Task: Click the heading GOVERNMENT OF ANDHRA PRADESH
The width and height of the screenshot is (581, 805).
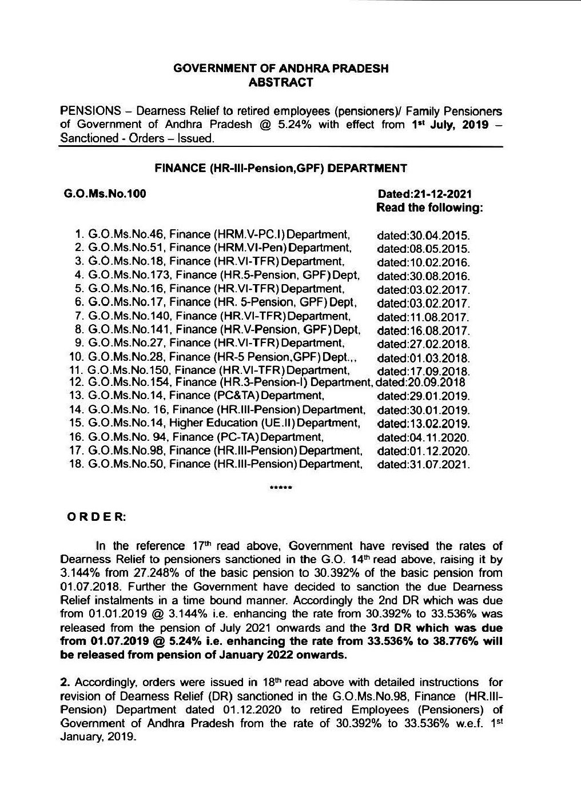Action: coord(281,69)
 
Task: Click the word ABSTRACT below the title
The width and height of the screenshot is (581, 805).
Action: coord(281,82)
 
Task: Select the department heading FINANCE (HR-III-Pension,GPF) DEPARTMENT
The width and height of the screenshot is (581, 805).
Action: coord(281,168)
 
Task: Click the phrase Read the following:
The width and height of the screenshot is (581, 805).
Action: coord(429,208)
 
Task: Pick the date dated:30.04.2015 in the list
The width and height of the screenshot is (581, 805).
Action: coord(423,236)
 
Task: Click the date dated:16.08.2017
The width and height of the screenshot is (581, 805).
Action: coord(423,331)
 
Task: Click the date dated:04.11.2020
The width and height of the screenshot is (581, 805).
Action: coord(423,438)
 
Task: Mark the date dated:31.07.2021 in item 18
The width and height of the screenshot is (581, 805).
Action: coord(423,465)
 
